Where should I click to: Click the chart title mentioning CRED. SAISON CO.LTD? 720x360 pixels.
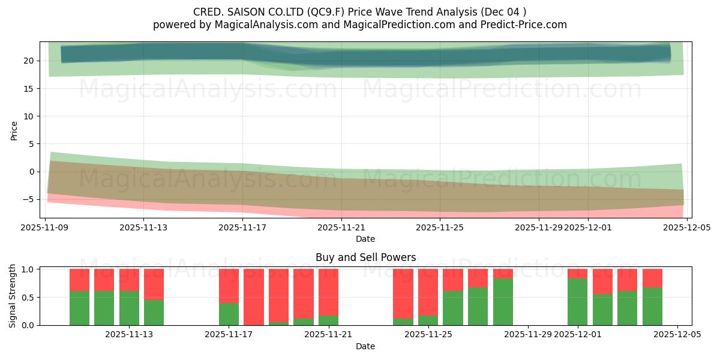point(360,12)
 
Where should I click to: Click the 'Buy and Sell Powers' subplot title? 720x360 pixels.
point(365,257)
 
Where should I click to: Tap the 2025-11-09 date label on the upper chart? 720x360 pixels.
point(45,227)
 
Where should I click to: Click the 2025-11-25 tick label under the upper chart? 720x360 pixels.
point(440,227)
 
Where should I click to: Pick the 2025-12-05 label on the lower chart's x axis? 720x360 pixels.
point(677,335)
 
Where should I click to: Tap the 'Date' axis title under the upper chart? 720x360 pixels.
point(365,239)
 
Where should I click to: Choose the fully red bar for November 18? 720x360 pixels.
point(254,297)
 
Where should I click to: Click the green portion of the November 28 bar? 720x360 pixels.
point(503,302)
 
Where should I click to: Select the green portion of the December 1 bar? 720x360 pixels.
point(577,302)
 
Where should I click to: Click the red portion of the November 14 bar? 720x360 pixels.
point(154,284)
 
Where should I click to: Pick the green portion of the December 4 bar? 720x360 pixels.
point(652,307)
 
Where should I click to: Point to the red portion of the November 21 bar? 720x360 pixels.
point(328,292)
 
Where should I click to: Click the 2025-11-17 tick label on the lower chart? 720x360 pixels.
point(229,335)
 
